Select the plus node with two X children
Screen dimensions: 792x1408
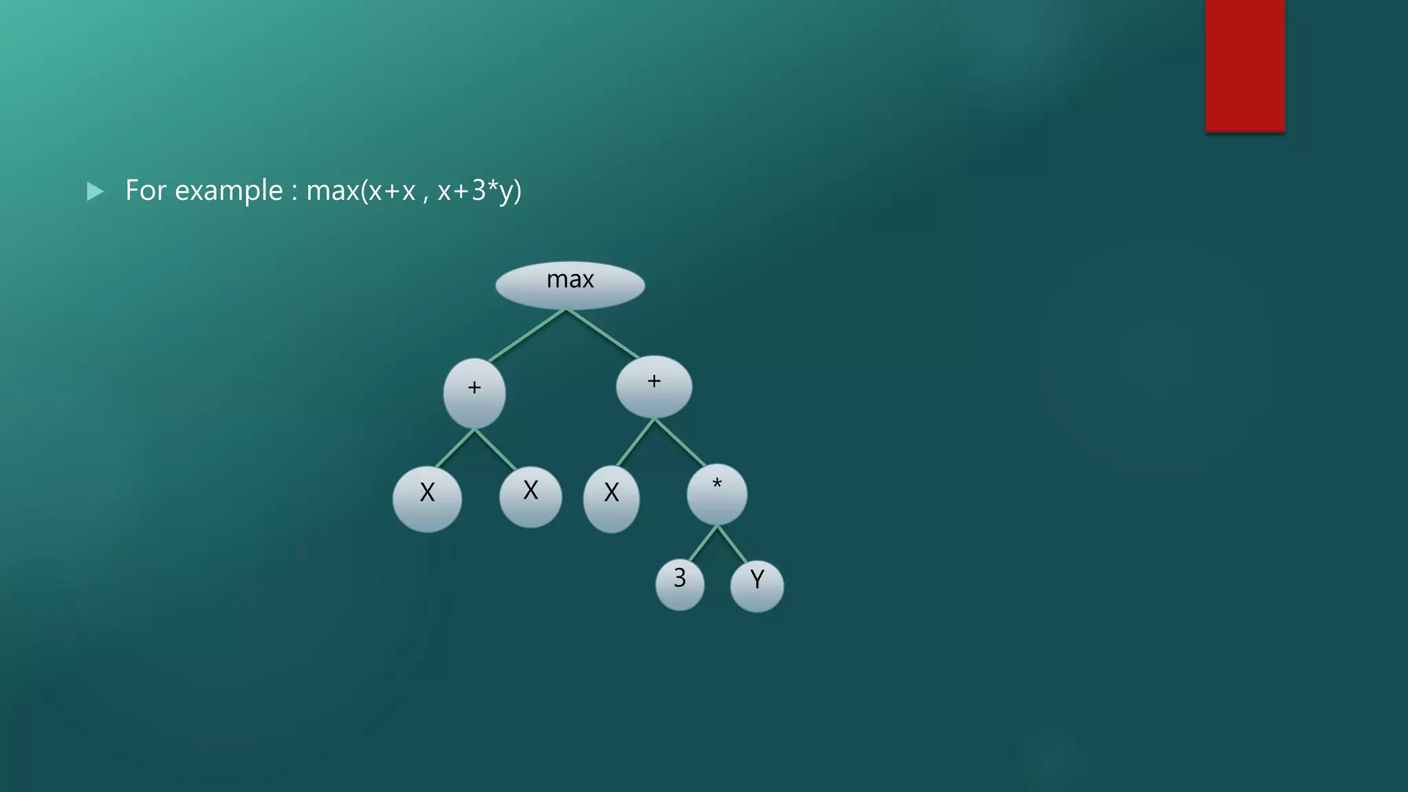474,393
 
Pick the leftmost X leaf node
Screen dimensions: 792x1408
427,498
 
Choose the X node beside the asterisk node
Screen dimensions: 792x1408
611,498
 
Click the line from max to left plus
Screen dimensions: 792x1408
527,335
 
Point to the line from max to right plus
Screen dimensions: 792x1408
603,333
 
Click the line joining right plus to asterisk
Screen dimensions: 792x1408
679,441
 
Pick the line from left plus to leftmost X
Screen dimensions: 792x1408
455,448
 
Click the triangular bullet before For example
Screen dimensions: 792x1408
95,191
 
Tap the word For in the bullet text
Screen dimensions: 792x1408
146,190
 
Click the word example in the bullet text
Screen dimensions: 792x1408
228,190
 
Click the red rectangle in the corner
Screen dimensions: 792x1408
1245,65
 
